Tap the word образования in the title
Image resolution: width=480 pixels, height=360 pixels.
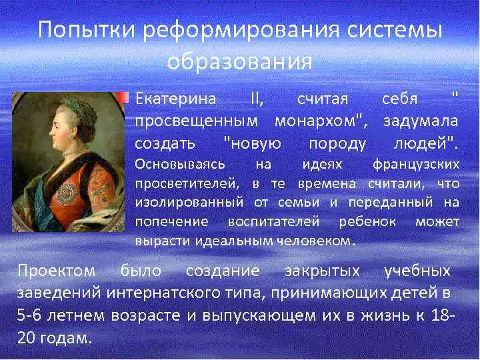pos(239,61)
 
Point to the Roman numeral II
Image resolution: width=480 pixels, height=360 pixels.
pos(256,99)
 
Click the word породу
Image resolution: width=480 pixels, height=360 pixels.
pos(338,143)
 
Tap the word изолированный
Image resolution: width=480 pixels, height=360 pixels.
pos(192,202)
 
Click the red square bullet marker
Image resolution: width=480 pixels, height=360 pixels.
pos(124,98)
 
